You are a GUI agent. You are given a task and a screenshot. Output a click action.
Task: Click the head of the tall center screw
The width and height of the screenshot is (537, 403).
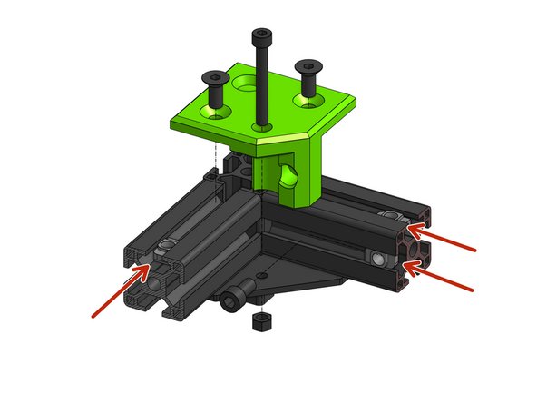point(261,35)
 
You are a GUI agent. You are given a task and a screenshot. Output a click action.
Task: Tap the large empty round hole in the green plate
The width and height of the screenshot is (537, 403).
point(246,85)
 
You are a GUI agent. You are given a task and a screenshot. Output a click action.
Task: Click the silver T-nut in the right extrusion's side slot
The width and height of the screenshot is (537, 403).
point(376,259)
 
